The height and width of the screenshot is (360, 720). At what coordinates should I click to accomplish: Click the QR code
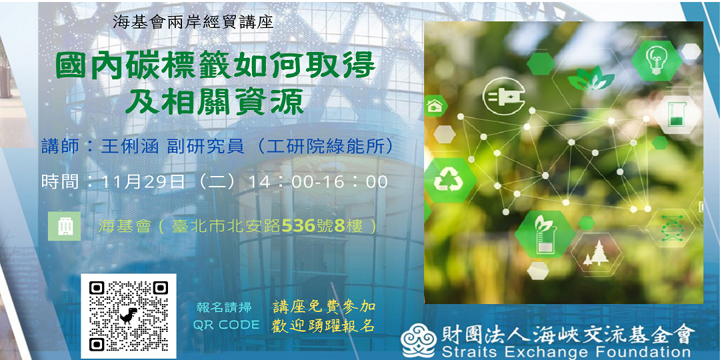(129, 316)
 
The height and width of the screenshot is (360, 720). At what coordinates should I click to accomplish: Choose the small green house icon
(435, 105)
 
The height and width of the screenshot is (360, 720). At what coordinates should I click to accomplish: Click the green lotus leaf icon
(591, 80)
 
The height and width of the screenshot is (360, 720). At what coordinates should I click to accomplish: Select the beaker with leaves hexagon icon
(545, 233)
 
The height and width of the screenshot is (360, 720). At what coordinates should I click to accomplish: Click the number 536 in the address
(299, 226)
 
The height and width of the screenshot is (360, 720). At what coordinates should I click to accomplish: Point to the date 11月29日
(143, 182)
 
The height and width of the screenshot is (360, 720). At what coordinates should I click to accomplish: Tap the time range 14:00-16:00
(317, 182)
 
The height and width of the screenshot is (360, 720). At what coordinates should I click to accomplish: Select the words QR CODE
(226, 325)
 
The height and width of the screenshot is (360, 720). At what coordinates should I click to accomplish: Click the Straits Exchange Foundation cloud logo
(418, 340)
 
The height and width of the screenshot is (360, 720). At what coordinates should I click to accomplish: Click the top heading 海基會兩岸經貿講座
(193, 21)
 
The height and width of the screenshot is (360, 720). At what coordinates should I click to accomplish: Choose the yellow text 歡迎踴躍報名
(323, 326)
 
